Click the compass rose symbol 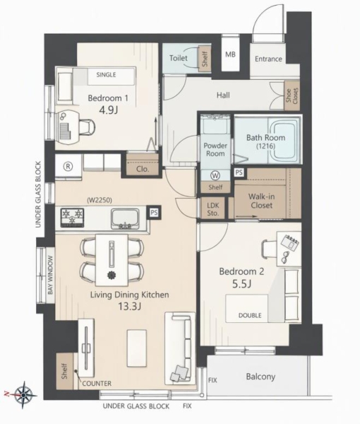click(23, 394)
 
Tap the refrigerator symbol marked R click(68, 167)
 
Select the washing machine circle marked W click(215, 176)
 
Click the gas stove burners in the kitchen click(73, 217)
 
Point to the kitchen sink click(126, 219)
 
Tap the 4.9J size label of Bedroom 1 click(108, 110)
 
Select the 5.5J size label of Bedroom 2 click(241, 284)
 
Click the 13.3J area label click(129, 306)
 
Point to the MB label click(230, 54)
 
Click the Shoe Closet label click(292, 95)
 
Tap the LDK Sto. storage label click(212, 209)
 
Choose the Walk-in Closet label click(261, 201)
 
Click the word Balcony click(260, 377)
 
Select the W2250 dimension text click(100, 200)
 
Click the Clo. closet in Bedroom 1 click(143, 170)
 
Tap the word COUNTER click(97, 384)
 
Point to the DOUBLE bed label click(250, 315)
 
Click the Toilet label click(179, 58)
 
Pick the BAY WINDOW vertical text click(50, 275)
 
